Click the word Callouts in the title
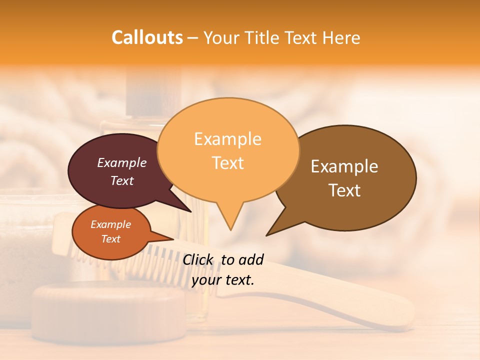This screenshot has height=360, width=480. (x=147, y=37)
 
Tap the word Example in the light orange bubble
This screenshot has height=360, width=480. (x=227, y=139)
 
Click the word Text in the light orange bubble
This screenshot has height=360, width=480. (x=227, y=163)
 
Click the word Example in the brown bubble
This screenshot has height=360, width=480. (x=344, y=166)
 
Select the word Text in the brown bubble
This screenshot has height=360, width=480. (x=344, y=190)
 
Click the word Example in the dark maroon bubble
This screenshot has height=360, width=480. (x=121, y=162)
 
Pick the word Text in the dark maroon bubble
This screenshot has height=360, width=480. (x=121, y=180)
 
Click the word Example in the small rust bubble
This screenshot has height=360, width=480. (x=110, y=224)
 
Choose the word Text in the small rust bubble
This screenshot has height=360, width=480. (x=110, y=239)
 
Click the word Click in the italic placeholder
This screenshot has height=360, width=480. (x=199, y=259)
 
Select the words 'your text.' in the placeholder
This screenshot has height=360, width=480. (x=222, y=280)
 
